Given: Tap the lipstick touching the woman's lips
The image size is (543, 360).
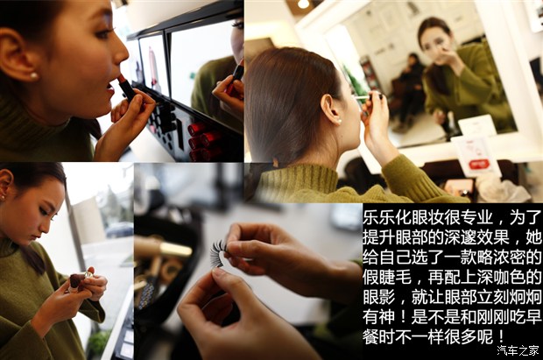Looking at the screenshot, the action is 126,88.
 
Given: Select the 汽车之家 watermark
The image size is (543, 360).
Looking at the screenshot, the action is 518,350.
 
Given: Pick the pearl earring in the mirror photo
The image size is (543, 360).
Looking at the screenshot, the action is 340,121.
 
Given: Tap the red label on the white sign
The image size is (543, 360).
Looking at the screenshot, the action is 478,164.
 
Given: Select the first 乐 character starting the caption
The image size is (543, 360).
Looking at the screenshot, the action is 370,217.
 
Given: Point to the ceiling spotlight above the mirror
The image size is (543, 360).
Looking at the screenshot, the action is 303,4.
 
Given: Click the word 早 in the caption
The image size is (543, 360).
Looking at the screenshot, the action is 533,317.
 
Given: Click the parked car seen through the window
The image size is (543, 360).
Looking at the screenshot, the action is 119,229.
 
